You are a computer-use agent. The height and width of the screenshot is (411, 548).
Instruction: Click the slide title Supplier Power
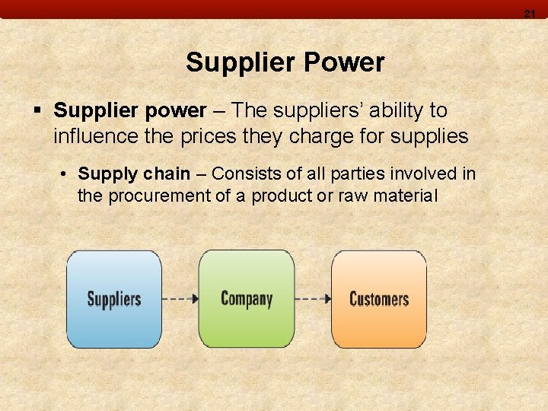[x=285, y=62]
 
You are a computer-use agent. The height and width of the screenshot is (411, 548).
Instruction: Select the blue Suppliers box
[x=114, y=299]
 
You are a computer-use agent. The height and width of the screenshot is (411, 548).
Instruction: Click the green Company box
[x=246, y=298]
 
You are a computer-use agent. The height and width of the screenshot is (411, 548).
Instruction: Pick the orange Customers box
[x=378, y=298]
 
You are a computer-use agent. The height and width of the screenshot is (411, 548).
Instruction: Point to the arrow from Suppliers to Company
[x=180, y=298]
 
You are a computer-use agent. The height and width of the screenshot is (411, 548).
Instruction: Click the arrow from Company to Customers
[x=313, y=298]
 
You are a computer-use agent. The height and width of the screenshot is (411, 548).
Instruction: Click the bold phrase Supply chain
[x=134, y=174]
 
